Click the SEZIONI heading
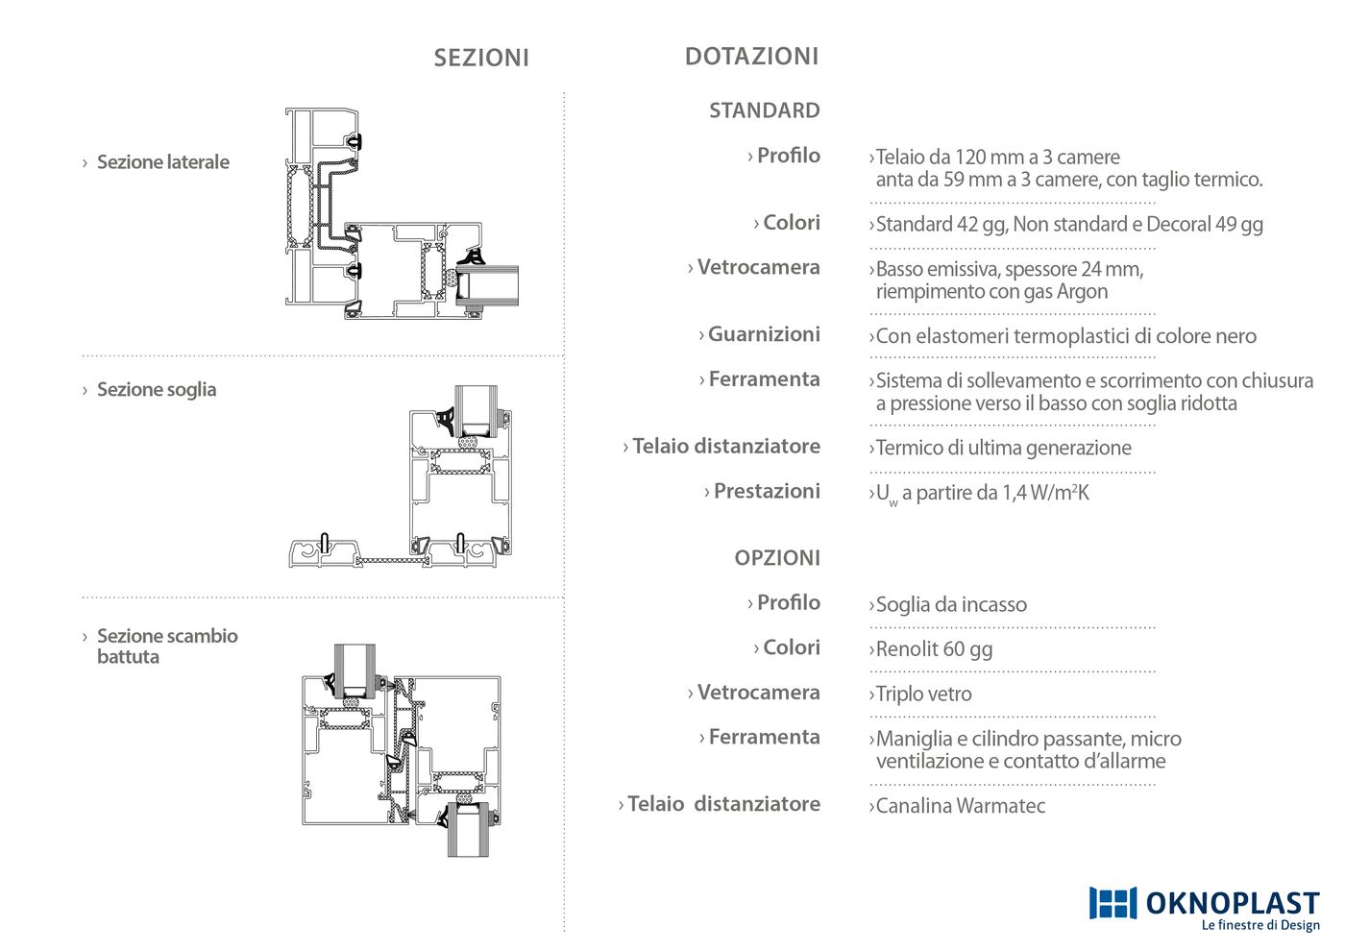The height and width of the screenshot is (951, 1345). click(x=481, y=58)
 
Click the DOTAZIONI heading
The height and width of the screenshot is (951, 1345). click(x=751, y=57)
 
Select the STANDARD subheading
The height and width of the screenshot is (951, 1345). click(x=765, y=110)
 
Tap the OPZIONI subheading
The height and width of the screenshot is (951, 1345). click(x=777, y=558)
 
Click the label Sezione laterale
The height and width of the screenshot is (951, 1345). click(x=162, y=162)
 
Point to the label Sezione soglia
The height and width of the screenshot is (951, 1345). click(x=157, y=390)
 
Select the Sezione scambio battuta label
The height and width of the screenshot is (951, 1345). click(x=167, y=646)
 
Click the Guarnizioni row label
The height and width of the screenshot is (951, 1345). click(x=764, y=334)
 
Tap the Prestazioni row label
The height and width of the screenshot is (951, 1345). click(x=767, y=491)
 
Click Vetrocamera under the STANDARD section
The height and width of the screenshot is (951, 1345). click(x=758, y=267)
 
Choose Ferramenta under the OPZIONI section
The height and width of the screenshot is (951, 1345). click(x=765, y=737)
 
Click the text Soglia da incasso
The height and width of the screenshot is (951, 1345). click(x=951, y=604)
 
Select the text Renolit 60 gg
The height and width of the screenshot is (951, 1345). click(x=934, y=649)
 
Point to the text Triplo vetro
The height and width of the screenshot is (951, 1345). click(x=923, y=694)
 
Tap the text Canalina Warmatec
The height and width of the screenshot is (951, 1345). click(x=960, y=806)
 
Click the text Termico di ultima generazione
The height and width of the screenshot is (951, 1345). click(x=1003, y=448)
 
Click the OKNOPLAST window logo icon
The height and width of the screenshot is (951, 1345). click(x=1113, y=902)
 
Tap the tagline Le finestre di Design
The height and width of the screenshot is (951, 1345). click(x=1260, y=925)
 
